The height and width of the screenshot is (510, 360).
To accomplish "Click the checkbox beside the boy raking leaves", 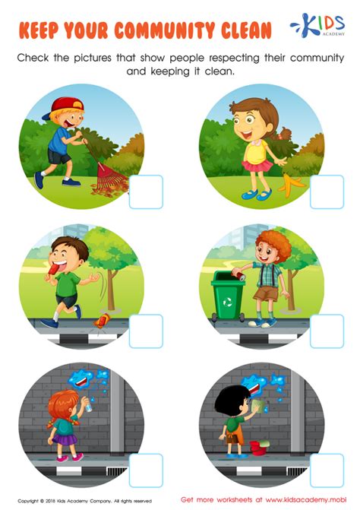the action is coord(146,192).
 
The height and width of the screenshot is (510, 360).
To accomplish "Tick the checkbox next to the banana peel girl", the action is coord(327,192).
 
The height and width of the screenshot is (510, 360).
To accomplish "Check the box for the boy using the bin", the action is coord(327,331).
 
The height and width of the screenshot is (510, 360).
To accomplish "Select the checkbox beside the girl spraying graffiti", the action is coord(146,470).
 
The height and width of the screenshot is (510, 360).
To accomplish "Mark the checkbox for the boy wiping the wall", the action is coord(327,470).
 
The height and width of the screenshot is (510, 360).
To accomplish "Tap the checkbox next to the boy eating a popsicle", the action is coord(146,331).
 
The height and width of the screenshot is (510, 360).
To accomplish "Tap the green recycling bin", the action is coord(228,296).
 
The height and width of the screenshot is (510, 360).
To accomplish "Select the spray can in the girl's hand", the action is coord(87,404).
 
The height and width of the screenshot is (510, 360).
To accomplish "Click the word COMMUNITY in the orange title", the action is coord(164,30).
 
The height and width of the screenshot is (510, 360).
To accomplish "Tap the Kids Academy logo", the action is coord(317,25).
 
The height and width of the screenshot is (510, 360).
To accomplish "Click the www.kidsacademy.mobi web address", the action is coord(306,499).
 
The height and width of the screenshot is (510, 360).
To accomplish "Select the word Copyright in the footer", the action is coord(29,501).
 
